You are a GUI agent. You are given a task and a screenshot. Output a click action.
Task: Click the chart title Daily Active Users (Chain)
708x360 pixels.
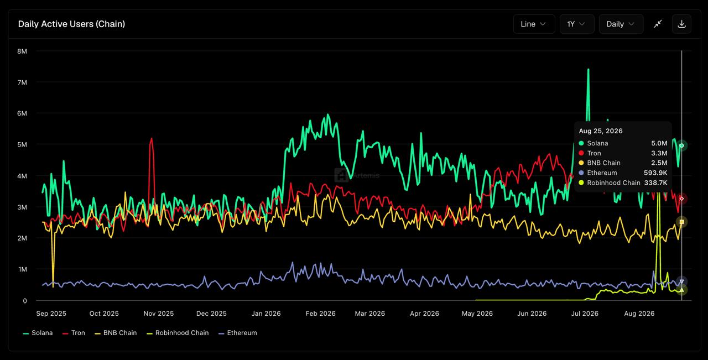(x=71, y=24)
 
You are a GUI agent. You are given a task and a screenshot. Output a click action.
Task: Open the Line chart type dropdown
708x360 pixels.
(x=534, y=24)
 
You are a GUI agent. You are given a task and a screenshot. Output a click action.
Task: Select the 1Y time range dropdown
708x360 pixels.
(x=577, y=24)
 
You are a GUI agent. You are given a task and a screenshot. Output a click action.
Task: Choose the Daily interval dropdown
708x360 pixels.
(x=621, y=24)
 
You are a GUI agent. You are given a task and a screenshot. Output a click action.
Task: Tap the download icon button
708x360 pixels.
(x=682, y=24)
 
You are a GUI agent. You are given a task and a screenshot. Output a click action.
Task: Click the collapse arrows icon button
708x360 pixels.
(x=658, y=24)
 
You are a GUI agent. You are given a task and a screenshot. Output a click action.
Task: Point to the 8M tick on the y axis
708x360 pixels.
(x=22, y=51)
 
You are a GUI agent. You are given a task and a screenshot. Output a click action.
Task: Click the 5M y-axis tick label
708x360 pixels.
(x=22, y=144)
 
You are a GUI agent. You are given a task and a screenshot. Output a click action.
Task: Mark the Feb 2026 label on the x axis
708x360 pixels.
(x=320, y=314)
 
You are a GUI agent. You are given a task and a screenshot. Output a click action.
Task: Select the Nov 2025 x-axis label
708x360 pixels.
(x=159, y=314)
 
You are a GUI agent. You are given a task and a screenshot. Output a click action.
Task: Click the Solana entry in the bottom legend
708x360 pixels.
(x=38, y=333)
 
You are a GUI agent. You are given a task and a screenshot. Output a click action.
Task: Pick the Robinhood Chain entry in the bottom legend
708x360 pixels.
(x=178, y=333)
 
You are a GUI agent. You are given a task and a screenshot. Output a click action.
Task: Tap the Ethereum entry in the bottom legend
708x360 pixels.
(x=238, y=333)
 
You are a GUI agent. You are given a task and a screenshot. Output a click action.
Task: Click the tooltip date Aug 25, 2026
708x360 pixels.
(x=601, y=131)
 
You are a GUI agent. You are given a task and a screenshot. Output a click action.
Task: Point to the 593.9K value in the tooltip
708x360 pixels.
(x=655, y=173)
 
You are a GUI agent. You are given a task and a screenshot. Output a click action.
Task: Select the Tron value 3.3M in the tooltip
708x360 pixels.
(x=659, y=153)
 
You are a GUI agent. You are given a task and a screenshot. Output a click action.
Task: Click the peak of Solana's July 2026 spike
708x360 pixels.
(x=588, y=69)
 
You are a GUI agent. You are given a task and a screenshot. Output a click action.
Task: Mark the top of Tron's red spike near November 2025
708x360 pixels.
(x=152, y=138)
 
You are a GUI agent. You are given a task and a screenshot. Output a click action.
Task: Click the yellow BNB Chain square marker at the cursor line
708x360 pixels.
(x=682, y=222)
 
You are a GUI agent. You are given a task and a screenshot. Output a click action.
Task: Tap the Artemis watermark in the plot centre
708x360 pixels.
(x=357, y=175)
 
